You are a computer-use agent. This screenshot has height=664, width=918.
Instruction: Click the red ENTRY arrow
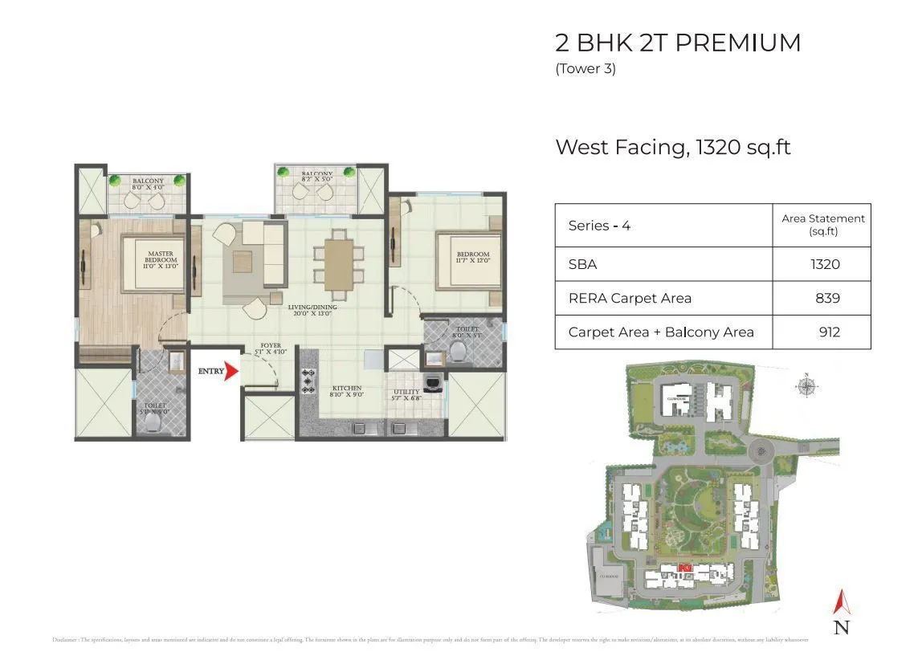pos(232,372)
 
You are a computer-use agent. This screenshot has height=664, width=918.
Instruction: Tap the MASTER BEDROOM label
pos(161,259)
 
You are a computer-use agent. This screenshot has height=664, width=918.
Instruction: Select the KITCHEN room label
pos(347,391)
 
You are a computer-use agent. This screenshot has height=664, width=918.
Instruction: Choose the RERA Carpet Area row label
pos(630,298)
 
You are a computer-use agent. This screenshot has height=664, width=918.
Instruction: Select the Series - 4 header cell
pos(599,226)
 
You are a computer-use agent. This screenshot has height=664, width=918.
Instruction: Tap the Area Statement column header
pos(823,224)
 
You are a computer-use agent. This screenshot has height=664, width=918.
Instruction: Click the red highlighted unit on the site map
pos(685,568)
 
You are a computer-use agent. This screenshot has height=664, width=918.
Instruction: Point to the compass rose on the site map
pos(807,386)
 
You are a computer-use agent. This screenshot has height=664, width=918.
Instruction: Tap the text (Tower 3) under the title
pos(585,69)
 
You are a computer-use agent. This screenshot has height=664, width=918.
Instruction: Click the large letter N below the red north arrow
pos(842,627)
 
